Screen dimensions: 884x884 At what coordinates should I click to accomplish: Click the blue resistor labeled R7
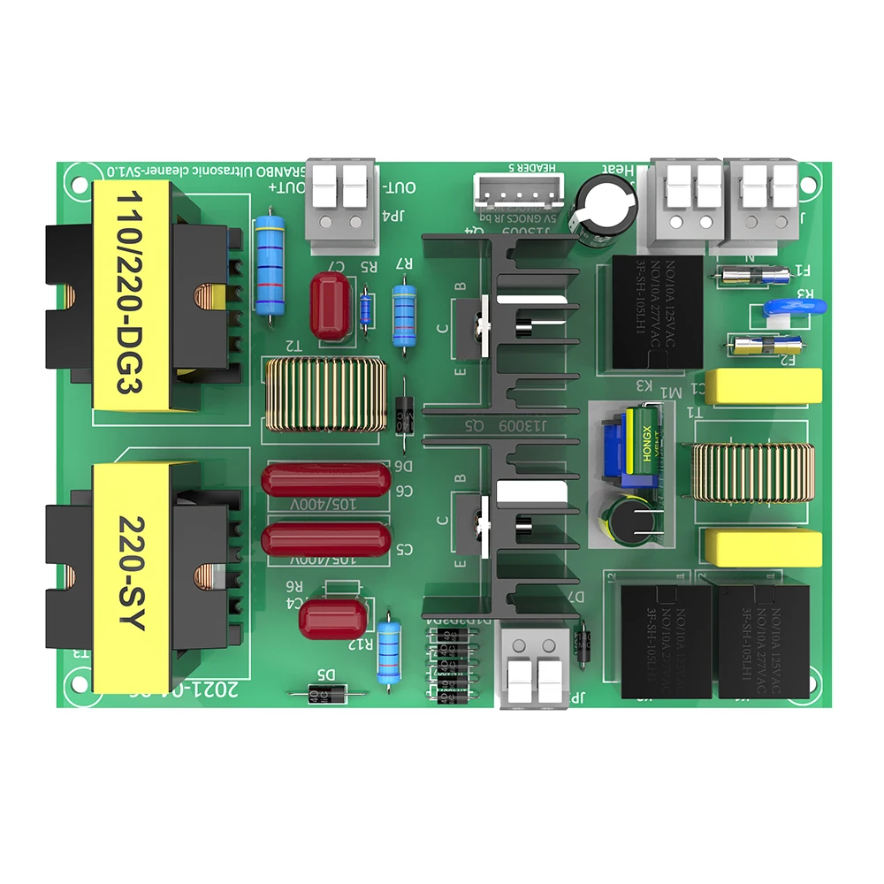404,313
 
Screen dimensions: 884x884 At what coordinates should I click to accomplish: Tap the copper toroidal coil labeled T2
324,394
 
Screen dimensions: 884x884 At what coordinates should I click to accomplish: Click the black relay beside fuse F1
655,311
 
